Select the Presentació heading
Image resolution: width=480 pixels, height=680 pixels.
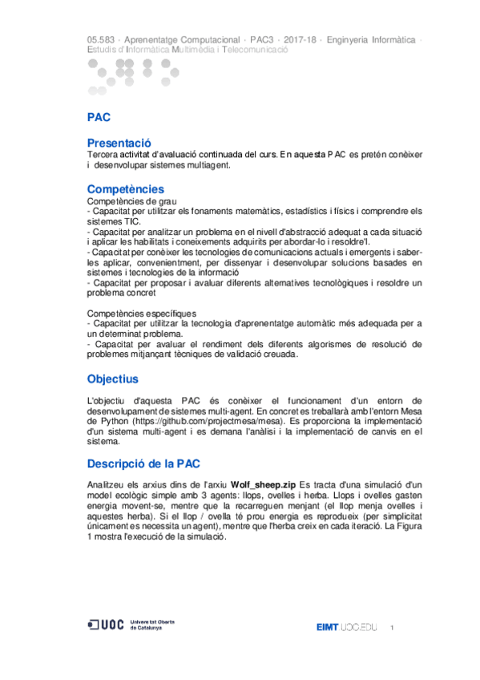pyautogui.click(x=119, y=142)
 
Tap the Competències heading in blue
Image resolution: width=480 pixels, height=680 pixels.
pyautogui.click(x=125, y=188)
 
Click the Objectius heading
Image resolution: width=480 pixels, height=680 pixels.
pyautogui.click(x=112, y=378)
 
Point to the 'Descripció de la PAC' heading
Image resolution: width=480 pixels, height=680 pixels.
pyautogui.click(x=143, y=464)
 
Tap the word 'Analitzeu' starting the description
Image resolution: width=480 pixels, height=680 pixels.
pyautogui.click(x=107, y=485)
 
